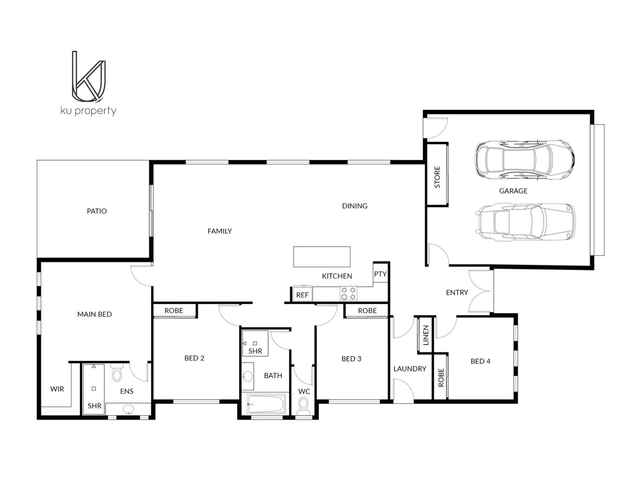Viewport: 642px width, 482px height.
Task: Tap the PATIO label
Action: [x=97, y=211]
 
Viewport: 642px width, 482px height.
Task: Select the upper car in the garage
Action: [x=524, y=160]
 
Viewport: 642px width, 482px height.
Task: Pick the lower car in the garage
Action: [x=526, y=222]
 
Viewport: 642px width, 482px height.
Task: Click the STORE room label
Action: [x=437, y=177]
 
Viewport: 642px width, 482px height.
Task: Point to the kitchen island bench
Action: [x=321, y=257]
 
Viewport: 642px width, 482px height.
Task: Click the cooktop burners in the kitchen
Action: [x=349, y=293]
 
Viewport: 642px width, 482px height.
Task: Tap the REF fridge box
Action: [x=302, y=295]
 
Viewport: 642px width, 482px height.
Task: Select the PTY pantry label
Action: [x=380, y=274]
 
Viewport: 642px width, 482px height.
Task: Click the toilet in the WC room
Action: [x=304, y=406]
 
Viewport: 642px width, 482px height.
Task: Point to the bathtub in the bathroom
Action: [x=266, y=405]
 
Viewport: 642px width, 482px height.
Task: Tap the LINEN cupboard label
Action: [x=425, y=335]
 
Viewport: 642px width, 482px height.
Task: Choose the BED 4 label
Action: [x=480, y=361]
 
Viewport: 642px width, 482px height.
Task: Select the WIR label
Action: [x=57, y=389]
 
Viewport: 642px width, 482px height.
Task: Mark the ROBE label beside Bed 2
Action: [x=174, y=311]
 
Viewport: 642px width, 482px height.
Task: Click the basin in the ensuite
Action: [x=129, y=409]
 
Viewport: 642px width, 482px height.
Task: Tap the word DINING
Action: [x=354, y=206]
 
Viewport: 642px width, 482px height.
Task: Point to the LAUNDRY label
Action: [x=410, y=369]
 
